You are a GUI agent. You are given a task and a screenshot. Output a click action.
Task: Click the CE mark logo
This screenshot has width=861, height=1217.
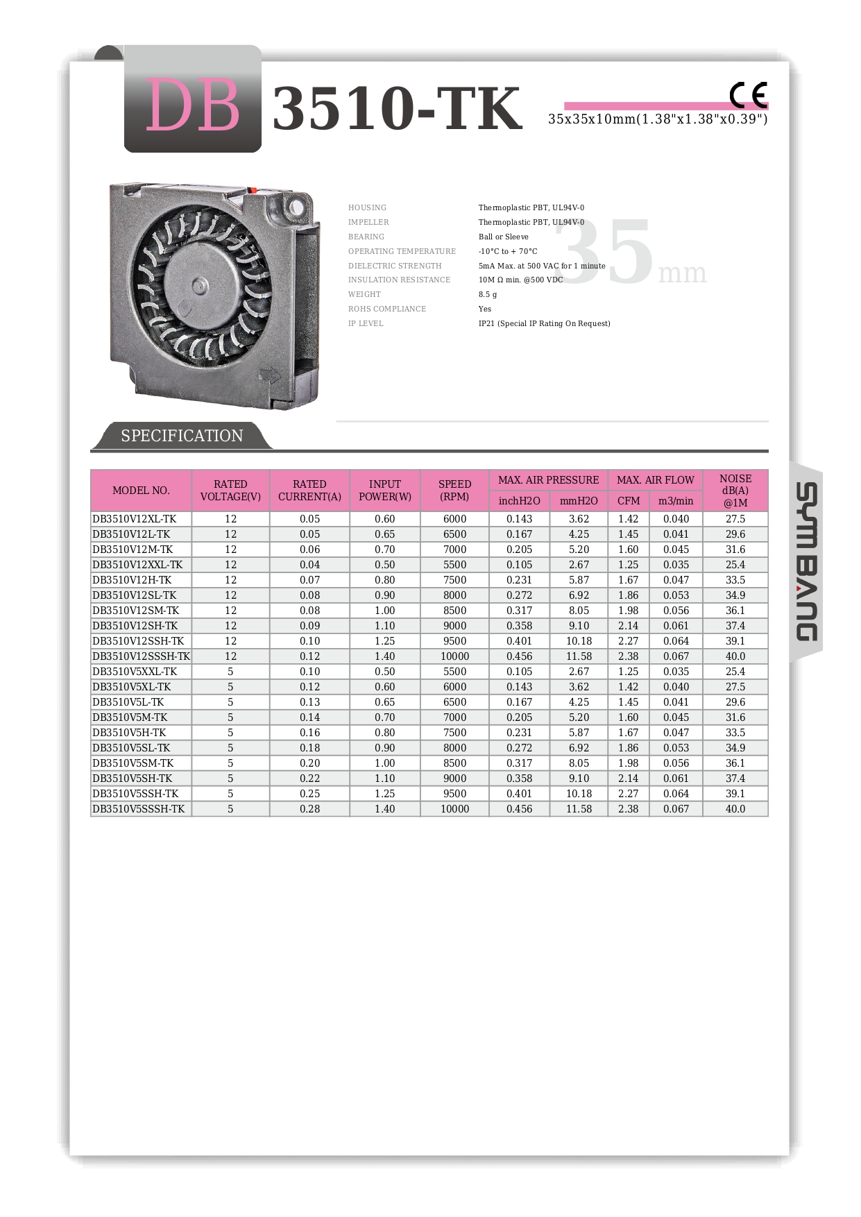748,95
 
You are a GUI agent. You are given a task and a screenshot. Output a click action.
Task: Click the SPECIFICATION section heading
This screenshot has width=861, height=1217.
182,436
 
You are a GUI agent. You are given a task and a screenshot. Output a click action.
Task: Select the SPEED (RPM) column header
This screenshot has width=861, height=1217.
454,490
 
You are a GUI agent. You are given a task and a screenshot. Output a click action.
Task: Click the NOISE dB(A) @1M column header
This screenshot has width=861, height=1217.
735,490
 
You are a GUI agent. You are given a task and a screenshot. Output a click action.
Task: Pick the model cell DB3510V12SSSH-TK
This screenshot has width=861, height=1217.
141,656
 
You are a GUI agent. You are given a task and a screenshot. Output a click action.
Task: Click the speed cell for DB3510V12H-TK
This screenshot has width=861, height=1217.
454,580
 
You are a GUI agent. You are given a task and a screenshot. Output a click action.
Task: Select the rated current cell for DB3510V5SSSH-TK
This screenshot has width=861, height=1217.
309,809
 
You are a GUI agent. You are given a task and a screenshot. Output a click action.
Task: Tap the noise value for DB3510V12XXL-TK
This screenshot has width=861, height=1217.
735,565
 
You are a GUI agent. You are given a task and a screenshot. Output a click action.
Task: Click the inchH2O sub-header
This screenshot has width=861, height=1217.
519,501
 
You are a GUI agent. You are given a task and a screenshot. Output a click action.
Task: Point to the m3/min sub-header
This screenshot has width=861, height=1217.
676,501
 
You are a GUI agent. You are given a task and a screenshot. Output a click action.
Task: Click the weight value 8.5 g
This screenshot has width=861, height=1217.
488,294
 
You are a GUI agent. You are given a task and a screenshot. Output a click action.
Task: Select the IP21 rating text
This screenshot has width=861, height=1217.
544,323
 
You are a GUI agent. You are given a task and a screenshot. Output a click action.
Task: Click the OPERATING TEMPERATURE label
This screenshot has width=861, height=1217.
402,251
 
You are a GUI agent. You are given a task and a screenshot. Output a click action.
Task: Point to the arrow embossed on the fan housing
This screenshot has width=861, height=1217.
268,375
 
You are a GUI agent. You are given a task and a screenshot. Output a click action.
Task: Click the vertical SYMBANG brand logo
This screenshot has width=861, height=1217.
806,561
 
